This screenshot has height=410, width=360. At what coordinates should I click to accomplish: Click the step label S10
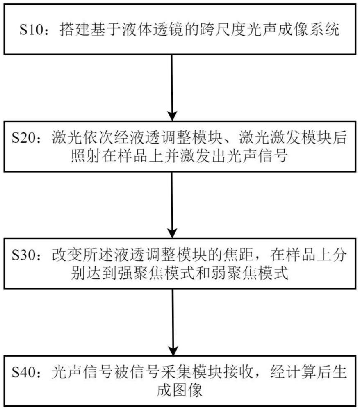[32, 30]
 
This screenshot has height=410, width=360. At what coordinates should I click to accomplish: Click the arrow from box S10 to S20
[172, 86]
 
